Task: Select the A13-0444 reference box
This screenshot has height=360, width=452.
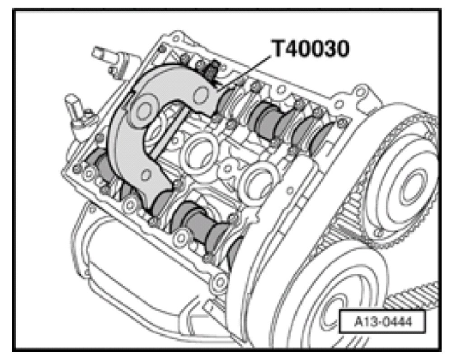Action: [x=376, y=323]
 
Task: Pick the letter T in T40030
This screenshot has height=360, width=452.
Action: [x=276, y=49]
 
